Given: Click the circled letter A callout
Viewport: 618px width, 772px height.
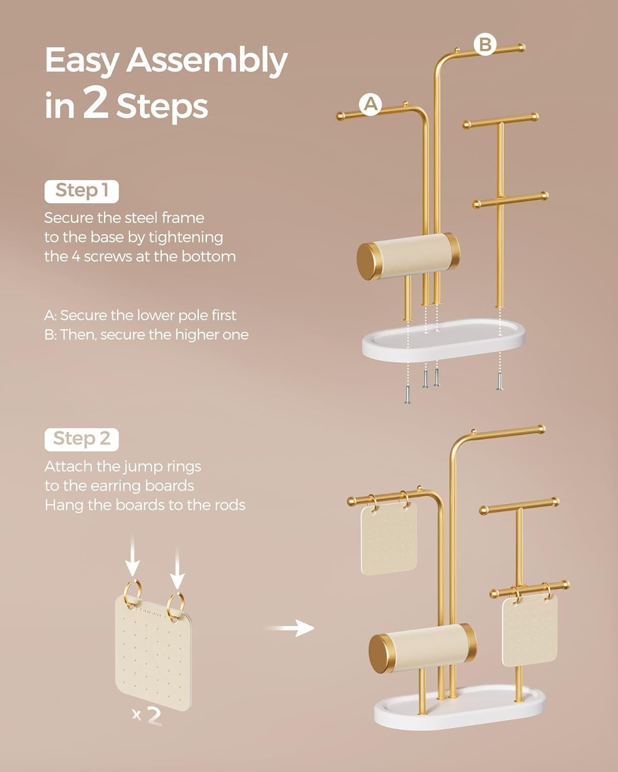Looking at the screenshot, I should coord(370,104).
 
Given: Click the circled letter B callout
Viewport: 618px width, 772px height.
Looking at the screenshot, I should coord(485,44).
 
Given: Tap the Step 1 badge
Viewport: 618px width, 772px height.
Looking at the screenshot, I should coord(81,191).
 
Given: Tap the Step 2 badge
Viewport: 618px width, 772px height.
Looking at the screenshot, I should coord(81,439).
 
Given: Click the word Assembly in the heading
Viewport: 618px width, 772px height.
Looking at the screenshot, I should coord(207,61).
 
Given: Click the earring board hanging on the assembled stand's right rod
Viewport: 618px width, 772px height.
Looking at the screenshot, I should coord(530,630).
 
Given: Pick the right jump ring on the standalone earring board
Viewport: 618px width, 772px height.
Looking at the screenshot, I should coord(176,602).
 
